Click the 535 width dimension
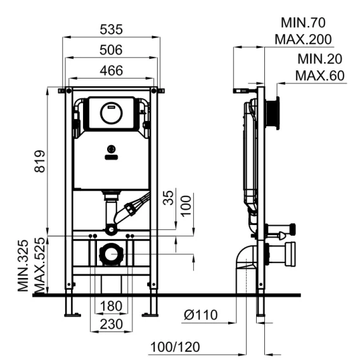coord(111,30)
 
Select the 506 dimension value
coord(111,50)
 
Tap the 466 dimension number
coord(112,70)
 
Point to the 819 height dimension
coord(40,161)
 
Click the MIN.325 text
coord(23,266)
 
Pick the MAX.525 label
coord(39,266)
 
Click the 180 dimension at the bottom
coord(111,306)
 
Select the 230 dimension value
coord(111,324)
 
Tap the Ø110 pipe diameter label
coord(201,315)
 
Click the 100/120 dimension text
coord(175,347)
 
